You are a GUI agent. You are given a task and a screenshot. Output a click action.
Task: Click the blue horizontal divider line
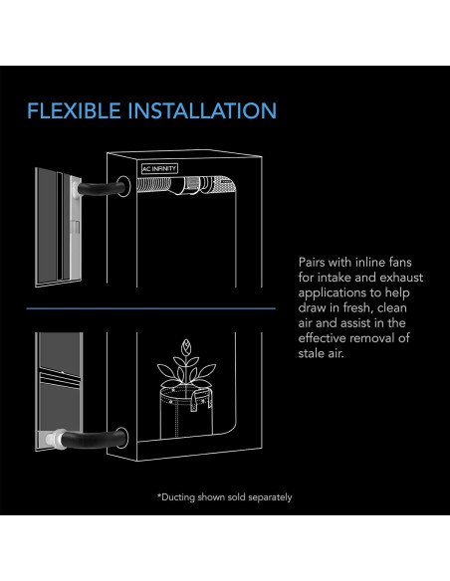coord(150,308)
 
